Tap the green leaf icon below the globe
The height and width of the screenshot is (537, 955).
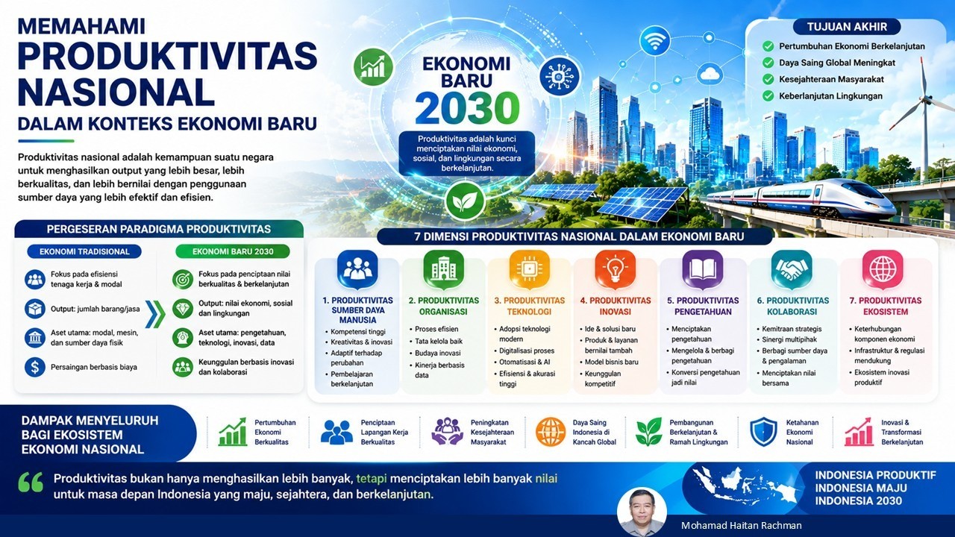pyautogui.click(x=465, y=201)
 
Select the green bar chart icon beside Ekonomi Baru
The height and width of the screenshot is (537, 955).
pyautogui.click(x=373, y=67)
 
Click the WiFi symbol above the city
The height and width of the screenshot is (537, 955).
pyautogui.click(x=655, y=40)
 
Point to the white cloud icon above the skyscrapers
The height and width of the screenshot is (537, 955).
pyautogui.click(x=710, y=73)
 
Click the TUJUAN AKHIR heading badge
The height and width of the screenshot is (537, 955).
pyautogui.click(x=847, y=27)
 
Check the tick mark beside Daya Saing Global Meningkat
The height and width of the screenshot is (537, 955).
pyautogui.click(x=768, y=63)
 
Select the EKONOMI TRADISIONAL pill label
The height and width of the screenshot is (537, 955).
pyautogui.click(x=84, y=251)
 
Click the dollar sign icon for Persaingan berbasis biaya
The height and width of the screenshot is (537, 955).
pyautogui.click(x=35, y=367)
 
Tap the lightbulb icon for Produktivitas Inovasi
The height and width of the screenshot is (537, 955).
pyautogui.click(x=616, y=269)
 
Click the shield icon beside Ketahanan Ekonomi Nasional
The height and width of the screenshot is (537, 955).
pyautogui.click(x=763, y=432)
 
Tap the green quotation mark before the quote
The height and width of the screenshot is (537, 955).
pyautogui.click(x=31, y=482)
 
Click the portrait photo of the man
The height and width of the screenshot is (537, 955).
pyautogui.click(x=642, y=512)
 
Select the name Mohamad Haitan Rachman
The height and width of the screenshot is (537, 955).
pyautogui.click(x=742, y=526)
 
